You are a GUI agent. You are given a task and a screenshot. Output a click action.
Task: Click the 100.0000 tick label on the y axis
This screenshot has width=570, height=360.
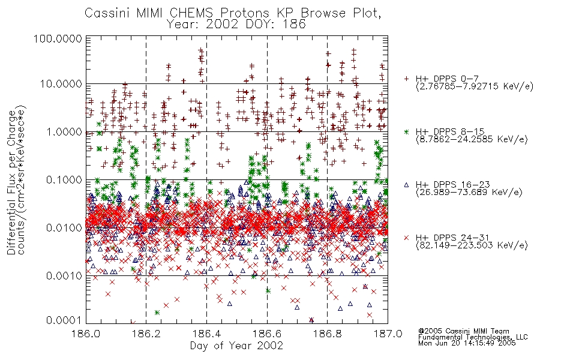(58, 38)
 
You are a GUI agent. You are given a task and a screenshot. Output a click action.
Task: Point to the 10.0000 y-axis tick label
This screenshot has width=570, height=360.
(61, 84)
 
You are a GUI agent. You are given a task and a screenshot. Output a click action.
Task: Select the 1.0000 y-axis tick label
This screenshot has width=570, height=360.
(64, 131)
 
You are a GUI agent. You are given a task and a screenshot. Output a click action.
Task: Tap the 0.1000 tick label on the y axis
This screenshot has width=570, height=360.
(64, 179)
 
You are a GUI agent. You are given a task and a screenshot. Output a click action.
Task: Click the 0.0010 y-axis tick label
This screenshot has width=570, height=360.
(64, 275)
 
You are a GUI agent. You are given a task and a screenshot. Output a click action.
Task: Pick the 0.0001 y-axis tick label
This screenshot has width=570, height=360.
(64, 320)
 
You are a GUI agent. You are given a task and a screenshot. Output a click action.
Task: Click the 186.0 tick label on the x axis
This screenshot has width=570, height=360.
(86, 334)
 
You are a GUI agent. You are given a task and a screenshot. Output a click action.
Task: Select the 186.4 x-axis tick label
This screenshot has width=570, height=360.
(207, 334)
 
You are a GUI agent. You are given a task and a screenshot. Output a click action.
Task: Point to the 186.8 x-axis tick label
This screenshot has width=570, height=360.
(328, 334)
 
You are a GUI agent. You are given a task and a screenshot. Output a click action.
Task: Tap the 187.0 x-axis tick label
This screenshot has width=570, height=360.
(388, 334)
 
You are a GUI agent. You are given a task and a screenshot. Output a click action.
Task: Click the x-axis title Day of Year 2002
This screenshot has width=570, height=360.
(236, 346)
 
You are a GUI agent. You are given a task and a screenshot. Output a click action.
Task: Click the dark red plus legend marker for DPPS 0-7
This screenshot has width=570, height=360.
(406, 79)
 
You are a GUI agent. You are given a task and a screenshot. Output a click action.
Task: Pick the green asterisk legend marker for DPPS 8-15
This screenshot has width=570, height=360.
(406, 131)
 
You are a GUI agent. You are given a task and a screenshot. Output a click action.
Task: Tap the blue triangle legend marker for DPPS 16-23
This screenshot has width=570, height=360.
(406, 185)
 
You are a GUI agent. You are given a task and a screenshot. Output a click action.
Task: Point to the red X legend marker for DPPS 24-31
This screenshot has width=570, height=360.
(406, 238)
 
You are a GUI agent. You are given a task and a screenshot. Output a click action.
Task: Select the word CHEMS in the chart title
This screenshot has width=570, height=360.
(191, 13)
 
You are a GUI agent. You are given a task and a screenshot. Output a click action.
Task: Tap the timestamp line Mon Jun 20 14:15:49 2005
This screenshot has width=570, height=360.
(467, 343)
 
